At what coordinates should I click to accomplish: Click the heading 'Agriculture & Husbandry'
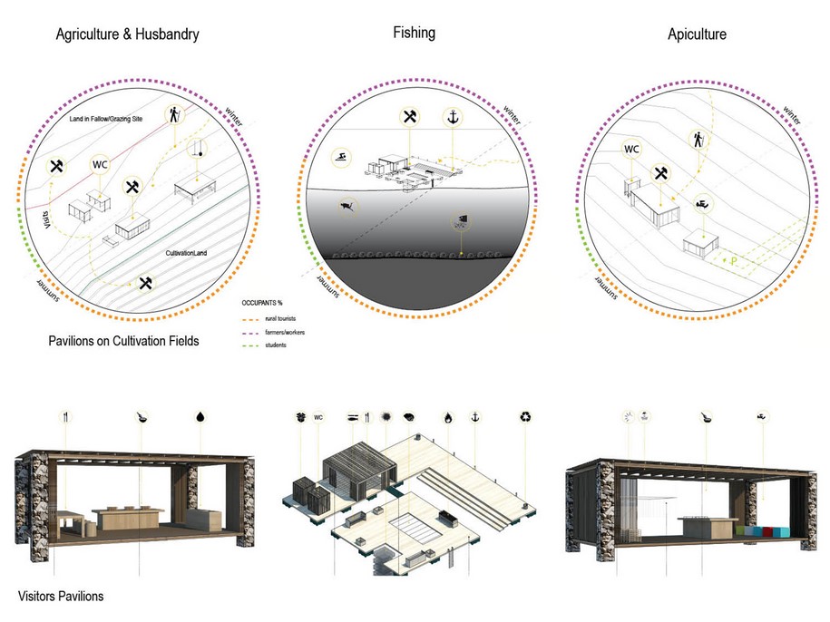click(x=127, y=35)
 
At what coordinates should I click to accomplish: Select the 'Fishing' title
click(x=414, y=33)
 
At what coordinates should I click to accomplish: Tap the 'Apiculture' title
click(x=697, y=35)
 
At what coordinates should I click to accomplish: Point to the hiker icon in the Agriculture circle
click(x=173, y=114)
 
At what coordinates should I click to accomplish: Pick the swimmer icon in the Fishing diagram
click(x=339, y=156)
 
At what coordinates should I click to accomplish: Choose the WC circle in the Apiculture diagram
click(x=630, y=149)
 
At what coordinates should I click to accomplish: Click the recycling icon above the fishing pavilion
click(x=526, y=417)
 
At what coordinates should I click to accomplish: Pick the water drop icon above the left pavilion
click(x=200, y=418)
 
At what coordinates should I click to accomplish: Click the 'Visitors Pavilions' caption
click(x=61, y=596)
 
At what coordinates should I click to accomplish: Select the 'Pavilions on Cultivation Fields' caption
click(x=125, y=343)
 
